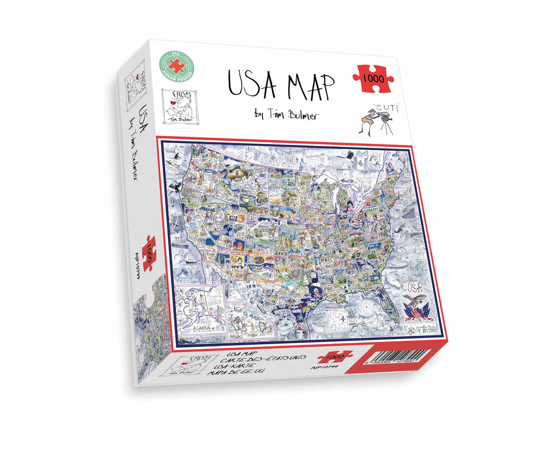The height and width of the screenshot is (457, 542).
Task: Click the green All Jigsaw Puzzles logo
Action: click(x=180, y=67)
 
